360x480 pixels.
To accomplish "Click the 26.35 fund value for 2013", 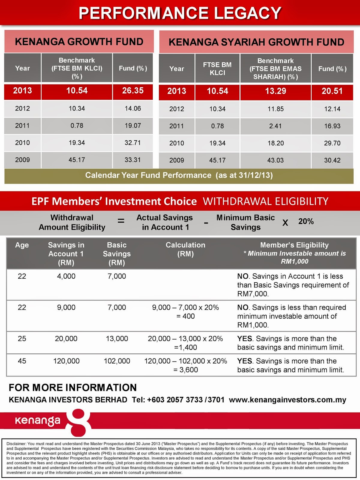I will [x=133, y=91].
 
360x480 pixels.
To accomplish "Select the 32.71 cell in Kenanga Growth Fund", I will [x=133, y=143].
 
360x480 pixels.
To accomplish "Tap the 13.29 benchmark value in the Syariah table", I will [x=275, y=91].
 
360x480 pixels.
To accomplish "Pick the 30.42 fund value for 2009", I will [x=332, y=160].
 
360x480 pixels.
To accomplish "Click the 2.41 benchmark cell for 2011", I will [x=275, y=126].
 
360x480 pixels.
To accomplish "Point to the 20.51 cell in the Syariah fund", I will [x=332, y=91].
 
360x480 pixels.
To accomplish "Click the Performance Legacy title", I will [x=180, y=13].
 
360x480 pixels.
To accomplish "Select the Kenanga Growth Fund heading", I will [x=79, y=42].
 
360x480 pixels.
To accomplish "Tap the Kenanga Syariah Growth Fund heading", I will [x=256, y=42].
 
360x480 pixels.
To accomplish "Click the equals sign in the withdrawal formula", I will [x=121, y=221].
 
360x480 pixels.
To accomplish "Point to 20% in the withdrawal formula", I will [x=306, y=221].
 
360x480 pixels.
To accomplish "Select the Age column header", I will [x=22, y=245].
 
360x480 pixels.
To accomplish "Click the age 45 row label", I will [x=22, y=361].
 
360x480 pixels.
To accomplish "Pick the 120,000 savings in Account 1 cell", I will [x=66, y=361].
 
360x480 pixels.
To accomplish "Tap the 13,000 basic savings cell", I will [x=117, y=339].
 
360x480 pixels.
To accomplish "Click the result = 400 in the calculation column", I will [x=186, y=316].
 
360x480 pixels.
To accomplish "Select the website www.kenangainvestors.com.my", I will [x=287, y=400].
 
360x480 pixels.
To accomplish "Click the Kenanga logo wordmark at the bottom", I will [x=37, y=421].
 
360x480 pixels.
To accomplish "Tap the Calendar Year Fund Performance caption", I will [x=179, y=175].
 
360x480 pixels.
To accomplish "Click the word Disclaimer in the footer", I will [x=16, y=444].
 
